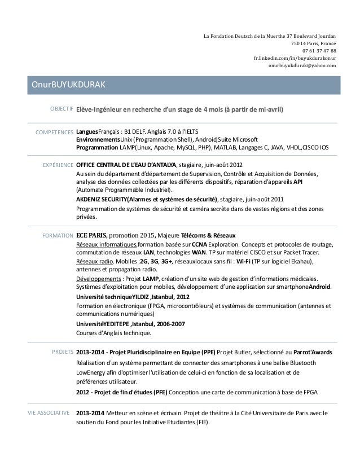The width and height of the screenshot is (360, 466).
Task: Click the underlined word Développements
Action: click(x=98, y=279)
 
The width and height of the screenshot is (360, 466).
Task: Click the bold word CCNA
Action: click(x=200, y=244)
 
